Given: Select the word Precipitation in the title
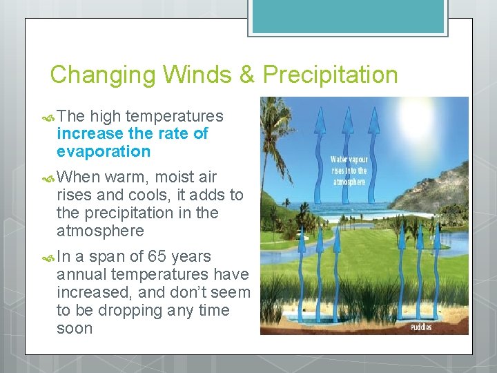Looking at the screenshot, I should coord(331,75).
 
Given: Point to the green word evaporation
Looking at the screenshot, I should coord(104,151).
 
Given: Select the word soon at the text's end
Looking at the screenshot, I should coord(75,328).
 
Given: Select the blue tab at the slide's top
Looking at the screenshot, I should coord(348,17).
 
